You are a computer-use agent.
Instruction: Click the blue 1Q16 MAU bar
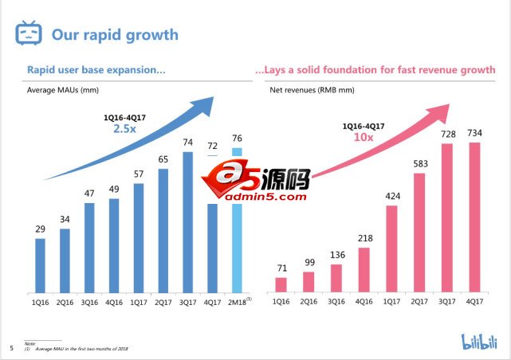tap(40, 264)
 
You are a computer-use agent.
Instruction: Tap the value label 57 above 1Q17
tap(138, 174)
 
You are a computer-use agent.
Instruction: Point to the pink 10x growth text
tap(364, 137)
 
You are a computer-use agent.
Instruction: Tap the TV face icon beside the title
tap(28, 34)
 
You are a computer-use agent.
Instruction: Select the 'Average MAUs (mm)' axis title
tap(63, 90)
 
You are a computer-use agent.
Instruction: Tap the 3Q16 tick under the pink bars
tap(336, 301)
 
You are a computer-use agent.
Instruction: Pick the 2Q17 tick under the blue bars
tap(163, 301)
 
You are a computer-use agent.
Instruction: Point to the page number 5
tap(11, 346)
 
